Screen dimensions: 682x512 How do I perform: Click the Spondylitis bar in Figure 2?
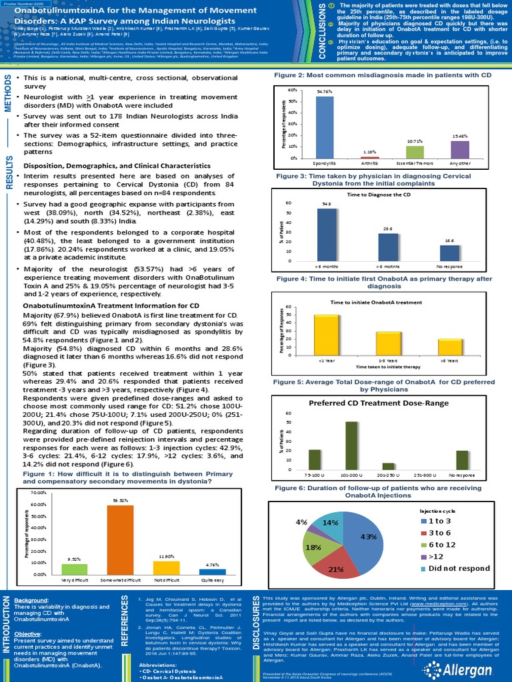click(325, 127)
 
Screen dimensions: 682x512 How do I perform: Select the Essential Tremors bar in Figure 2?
click(415, 152)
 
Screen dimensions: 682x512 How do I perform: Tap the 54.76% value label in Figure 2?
click(325, 91)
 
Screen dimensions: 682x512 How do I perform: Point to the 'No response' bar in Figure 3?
click(450, 254)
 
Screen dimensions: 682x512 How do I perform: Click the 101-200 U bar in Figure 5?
click(351, 446)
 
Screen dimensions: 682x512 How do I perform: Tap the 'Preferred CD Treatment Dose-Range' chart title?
click(385, 403)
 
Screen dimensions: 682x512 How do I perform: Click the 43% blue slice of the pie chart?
click(360, 533)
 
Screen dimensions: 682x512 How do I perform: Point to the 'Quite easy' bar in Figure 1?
click(213, 571)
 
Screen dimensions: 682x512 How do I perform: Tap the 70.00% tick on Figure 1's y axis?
click(39, 492)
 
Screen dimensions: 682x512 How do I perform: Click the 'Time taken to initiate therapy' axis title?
click(388, 367)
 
